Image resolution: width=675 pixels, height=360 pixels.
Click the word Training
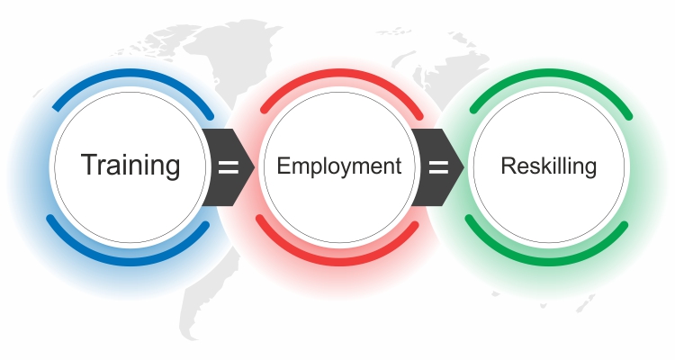click(x=130, y=166)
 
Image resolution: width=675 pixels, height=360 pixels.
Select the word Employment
click(x=338, y=166)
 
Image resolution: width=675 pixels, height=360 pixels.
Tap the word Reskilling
click(x=548, y=166)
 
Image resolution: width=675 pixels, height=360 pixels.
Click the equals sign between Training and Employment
click(x=229, y=167)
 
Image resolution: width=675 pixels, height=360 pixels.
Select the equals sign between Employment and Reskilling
click(x=438, y=167)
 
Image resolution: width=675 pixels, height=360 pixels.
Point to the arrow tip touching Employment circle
click(x=253, y=167)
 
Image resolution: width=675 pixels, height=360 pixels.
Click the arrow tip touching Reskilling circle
click(x=463, y=167)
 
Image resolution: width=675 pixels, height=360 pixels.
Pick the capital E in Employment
click(x=283, y=166)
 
